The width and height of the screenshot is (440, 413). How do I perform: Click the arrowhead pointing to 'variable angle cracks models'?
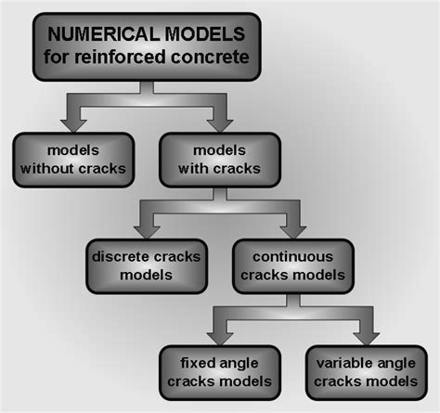(x=365, y=334)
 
